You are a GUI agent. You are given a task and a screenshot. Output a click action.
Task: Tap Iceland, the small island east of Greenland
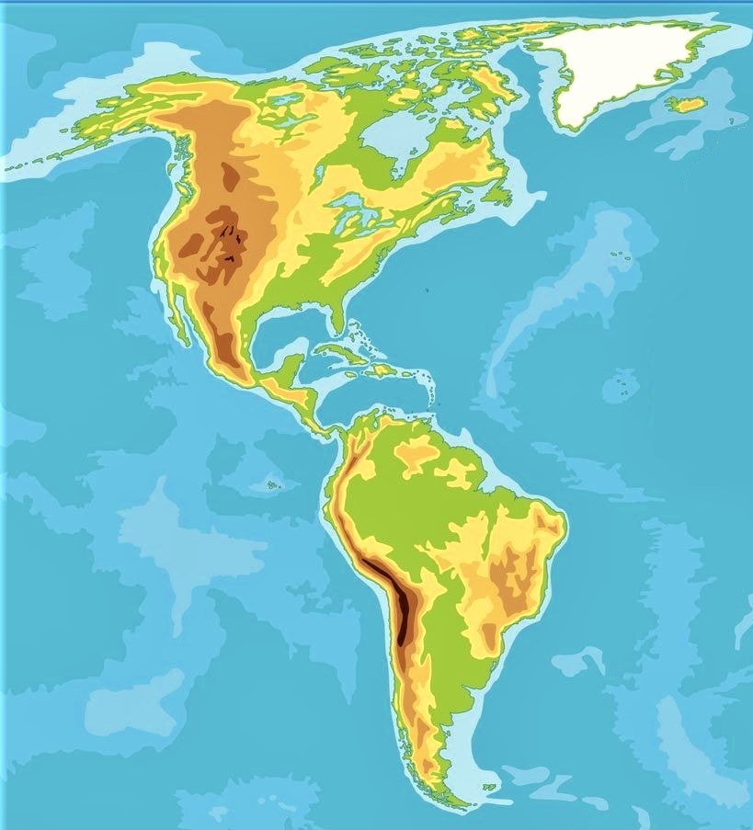(x=686, y=105)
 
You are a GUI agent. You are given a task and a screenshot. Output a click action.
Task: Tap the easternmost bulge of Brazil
(x=562, y=528)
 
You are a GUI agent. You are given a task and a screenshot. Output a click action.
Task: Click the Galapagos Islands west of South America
(x=271, y=484)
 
